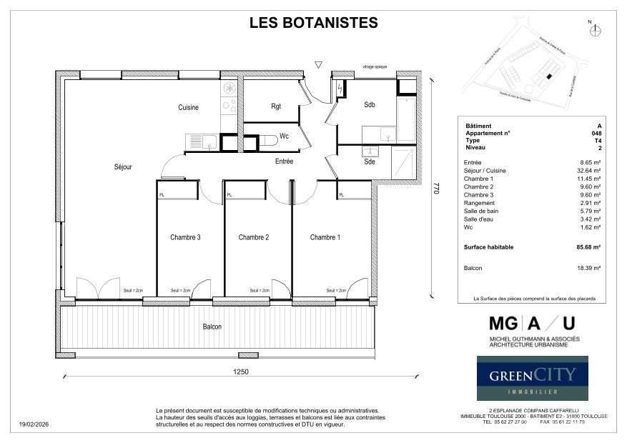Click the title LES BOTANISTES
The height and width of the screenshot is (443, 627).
pos(313,23)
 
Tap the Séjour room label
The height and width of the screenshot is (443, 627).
pos(123,166)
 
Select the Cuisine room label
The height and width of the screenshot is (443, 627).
pos(188,107)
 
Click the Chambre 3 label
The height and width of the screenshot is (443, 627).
pos(185,237)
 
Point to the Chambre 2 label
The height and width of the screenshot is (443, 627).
pos(253,237)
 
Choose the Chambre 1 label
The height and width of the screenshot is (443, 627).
pos(325,237)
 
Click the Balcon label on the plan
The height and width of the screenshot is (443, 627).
pos(212,327)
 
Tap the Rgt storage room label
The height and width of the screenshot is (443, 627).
pos(276,106)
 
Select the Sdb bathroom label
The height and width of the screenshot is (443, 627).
pos(370,104)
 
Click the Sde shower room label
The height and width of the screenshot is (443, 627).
pos(370,162)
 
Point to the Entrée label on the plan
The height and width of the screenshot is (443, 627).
pos(285,161)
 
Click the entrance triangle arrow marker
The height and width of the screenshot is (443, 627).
pos(318,65)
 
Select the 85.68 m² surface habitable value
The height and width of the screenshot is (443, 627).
pos(588,247)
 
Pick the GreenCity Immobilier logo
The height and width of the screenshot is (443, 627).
pos(533,378)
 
